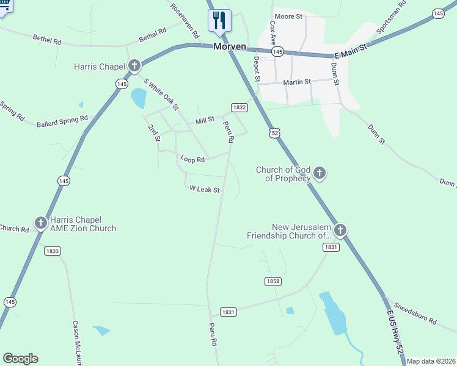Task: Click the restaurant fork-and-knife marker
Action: coord(219,20)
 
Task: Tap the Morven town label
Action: coord(230,47)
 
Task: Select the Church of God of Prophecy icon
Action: coord(320,174)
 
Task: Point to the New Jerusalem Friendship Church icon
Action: coord(340,231)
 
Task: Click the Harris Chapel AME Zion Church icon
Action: coord(40,223)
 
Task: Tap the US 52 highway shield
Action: coord(275,132)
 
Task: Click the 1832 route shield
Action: coord(239,107)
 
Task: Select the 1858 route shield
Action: coord(273,281)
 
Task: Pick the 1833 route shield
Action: coord(53,251)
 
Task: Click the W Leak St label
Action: coord(204,190)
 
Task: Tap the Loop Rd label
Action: coord(192,159)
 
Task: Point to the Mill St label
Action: coord(205,121)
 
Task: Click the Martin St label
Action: coord(297,82)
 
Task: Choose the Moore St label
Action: coord(289,16)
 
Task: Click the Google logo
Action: coord(20,359)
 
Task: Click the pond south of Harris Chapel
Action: coord(139,97)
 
